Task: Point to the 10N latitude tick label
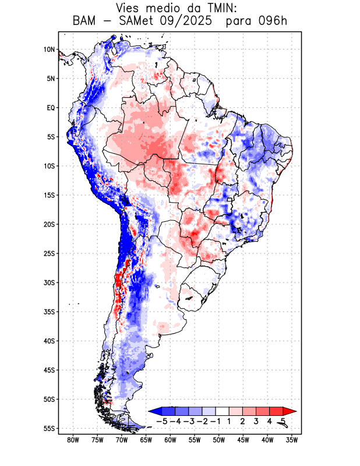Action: [49, 50]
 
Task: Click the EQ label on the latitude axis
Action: [51, 108]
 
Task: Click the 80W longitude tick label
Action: [73, 440]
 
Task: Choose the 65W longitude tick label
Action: [146, 440]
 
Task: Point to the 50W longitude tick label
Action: [219, 440]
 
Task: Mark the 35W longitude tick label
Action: [292, 440]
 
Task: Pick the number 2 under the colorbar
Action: [242, 421]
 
